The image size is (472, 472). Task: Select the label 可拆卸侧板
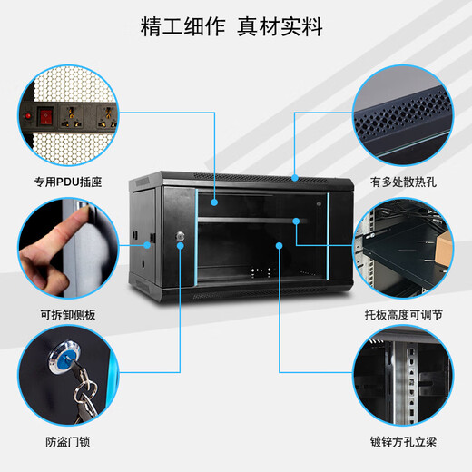click(69, 314)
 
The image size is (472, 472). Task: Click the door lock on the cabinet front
click(180, 238)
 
